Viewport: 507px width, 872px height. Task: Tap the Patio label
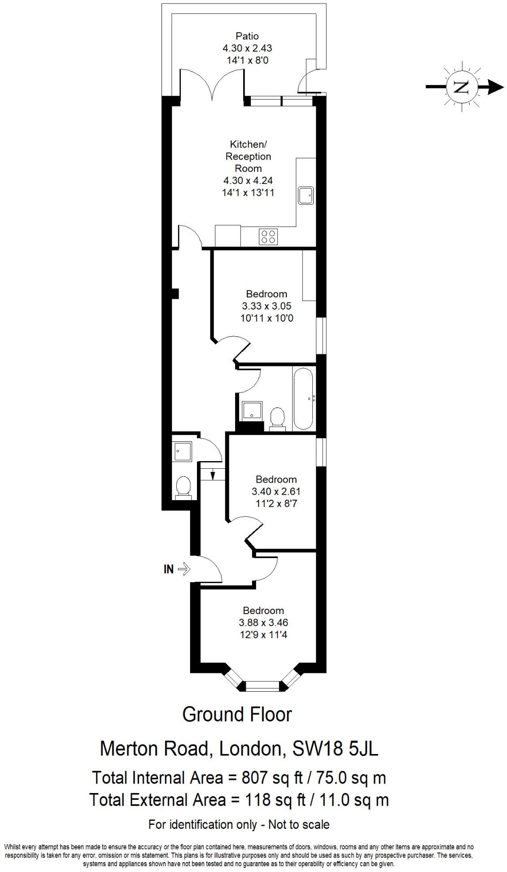pyautogui.click(x=247, y=36)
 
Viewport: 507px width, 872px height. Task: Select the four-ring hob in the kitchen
pyautogui.click(x=268, y=236)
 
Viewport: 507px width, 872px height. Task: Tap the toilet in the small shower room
pyautogui.click(x=184, y=487)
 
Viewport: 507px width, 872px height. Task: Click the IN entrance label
pyautogui.click(x=168, y=570)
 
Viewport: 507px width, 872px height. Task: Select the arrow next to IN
pyautogui.click(x=184, y=570)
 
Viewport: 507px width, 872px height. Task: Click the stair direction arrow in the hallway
pyautogui.click(x=213, y=474)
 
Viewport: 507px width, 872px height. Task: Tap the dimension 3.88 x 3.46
pyautogui.click(x=263, y=623)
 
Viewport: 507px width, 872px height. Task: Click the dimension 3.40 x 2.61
pyautogui.click(x=276, y=491)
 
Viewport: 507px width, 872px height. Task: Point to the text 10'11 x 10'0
pyautogui.click(x=267, y=318)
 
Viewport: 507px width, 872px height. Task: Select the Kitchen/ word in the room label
pyautogui.click(x=248, y=144)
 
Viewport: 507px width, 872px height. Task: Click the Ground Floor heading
pyautogui.click(x=237, y=715)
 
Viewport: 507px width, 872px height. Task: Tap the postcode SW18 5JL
pyautogui.click(x=335, y=749)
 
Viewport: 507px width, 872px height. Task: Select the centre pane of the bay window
pyautogui.click(x=263, y=685)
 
